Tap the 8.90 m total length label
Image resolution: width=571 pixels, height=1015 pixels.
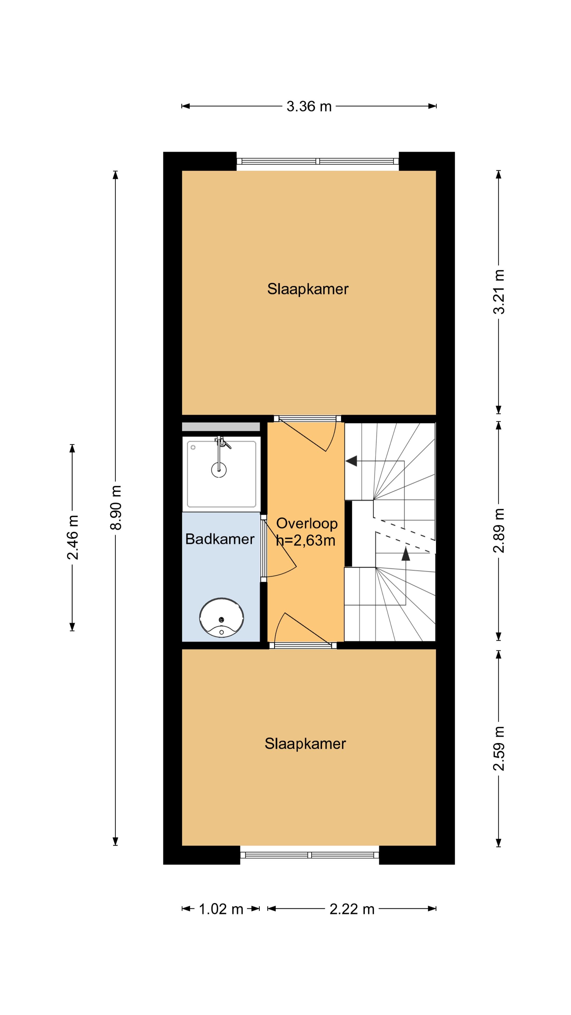pos(116,508)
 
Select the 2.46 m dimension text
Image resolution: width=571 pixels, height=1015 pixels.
pos(72,537)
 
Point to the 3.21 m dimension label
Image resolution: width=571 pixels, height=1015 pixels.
pos(499,292)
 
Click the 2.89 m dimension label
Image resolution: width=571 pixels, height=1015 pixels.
pos(499,531)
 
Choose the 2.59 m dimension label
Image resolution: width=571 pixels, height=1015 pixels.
pos(499,748)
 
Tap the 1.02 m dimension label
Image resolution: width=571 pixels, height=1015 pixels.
pos(221,909)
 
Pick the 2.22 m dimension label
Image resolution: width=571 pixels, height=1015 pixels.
pos(352,909)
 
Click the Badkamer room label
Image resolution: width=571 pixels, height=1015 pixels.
pos(220,539)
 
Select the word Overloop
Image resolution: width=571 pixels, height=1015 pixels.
pos(307,523)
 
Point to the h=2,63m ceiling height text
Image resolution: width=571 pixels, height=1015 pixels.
pos(306,541)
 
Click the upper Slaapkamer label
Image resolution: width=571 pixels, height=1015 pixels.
pos(308,289)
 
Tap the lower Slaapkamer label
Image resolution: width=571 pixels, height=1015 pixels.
pos(305,744)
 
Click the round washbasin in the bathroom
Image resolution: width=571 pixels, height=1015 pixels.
pos(222,618)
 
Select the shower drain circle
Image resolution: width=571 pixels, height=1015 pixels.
pos(219,470)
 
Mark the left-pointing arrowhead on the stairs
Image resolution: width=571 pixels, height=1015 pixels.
pos(351,461)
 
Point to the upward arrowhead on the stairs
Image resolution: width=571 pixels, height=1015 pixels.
pos(406,553)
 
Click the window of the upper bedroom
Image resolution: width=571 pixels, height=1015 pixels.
pos(317,161)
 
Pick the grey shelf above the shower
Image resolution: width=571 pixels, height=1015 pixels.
pos(221,427)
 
